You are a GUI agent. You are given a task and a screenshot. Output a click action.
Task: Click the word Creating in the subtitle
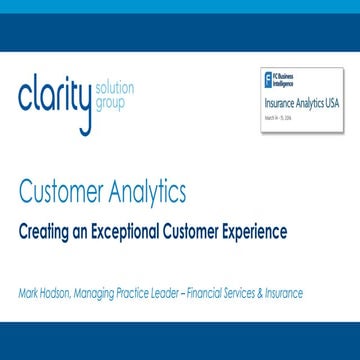click(x=48, y=232)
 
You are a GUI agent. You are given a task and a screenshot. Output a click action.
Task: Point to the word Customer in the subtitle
click(x=197, y=232)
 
